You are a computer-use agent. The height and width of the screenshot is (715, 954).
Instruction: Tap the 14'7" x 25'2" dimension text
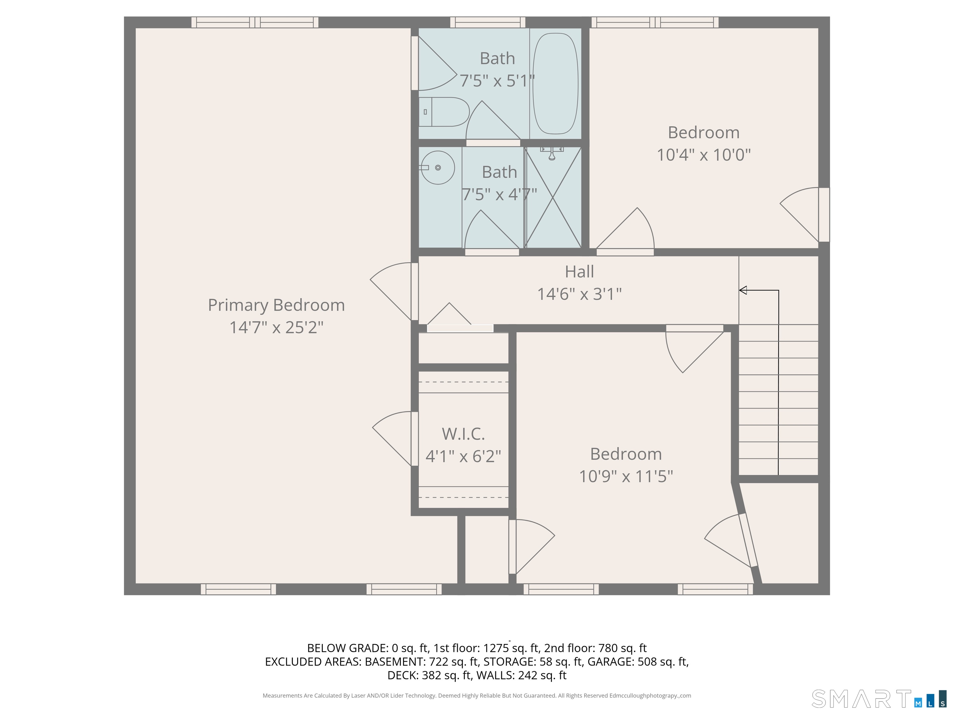click(276, 327)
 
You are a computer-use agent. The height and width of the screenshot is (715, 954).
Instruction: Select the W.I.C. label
click(463, 434)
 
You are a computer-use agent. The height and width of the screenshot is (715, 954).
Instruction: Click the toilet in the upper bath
click(444, 112)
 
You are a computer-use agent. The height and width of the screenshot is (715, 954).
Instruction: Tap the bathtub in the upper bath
click(556, 83)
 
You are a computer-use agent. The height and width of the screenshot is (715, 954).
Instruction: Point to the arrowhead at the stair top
click(743, 290)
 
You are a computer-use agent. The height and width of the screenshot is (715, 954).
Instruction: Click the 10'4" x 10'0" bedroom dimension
click(704, 155)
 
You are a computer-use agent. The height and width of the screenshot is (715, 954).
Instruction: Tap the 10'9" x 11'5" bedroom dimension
click(626, 477)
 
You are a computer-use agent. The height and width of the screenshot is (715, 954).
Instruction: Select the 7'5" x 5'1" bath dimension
click(497, 81)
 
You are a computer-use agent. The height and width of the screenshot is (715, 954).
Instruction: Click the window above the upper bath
click(488, 22)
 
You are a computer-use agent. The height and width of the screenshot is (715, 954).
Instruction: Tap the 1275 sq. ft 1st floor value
click(511, 648)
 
